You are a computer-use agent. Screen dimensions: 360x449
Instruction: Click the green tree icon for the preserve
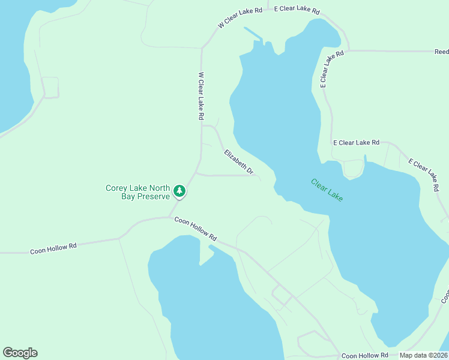point(179,191)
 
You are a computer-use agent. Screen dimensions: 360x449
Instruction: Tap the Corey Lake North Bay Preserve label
point(137,192)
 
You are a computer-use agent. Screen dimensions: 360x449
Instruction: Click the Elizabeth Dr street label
point(239,163)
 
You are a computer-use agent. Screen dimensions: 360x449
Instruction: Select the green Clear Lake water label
point(327,190)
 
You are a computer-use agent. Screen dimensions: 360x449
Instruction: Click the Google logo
point(20,353)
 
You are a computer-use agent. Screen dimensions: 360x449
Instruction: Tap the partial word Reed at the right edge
point(441,52)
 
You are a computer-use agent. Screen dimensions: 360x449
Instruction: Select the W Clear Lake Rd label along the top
point(240,18)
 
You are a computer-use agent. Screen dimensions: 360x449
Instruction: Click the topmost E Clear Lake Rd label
point(297,10)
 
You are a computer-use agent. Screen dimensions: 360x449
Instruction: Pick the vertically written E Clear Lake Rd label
point(331,70)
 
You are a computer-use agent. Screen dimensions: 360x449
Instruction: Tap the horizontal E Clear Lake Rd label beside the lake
point(357,143)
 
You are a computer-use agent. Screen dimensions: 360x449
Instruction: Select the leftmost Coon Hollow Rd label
point(53,248)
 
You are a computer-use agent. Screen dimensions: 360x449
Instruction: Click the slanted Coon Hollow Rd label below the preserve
point(195,230)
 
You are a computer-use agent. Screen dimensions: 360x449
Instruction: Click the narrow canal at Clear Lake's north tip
point(253,34)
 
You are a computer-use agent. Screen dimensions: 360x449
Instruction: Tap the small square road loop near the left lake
point(50,87)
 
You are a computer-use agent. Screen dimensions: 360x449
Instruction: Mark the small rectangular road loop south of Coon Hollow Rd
point(282,295)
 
